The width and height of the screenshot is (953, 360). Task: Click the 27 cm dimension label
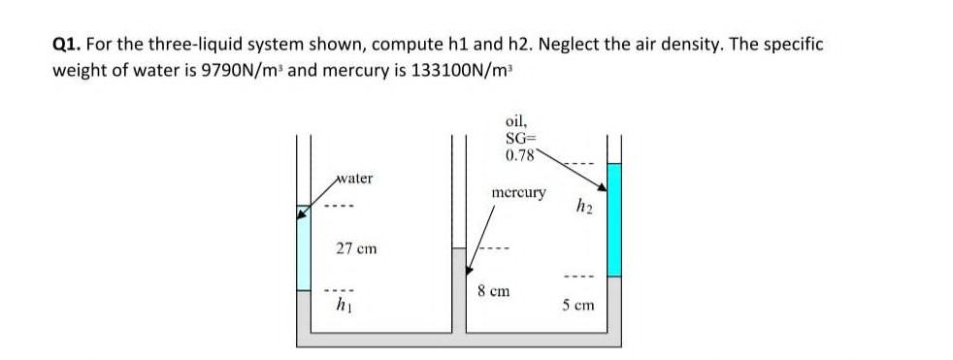coord(356,248)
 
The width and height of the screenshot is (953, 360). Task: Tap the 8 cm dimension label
coord(495,290)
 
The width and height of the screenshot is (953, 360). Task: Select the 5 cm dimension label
coord(578,306)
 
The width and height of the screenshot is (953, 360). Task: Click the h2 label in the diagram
coord(582,206)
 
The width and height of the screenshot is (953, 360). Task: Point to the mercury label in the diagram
coord(518,192)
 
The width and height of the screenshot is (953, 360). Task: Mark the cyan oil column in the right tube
coord(613,233)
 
